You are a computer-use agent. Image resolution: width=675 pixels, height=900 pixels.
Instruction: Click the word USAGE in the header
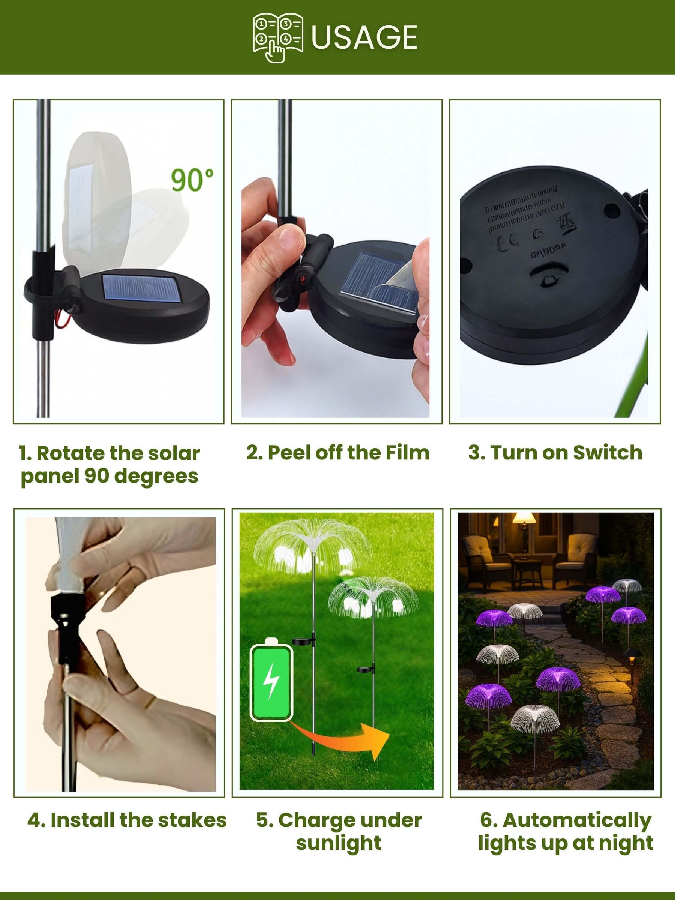[x=364, y=37]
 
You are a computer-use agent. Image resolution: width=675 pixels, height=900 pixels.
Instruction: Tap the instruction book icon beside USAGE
[x=278, y=37]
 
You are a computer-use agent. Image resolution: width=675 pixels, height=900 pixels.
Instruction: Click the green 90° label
[x=192, y=180]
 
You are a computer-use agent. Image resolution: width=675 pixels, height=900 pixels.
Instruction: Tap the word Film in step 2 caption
[x=407, y=453]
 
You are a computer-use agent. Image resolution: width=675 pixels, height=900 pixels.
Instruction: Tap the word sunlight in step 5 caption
[x=339, y=843]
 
